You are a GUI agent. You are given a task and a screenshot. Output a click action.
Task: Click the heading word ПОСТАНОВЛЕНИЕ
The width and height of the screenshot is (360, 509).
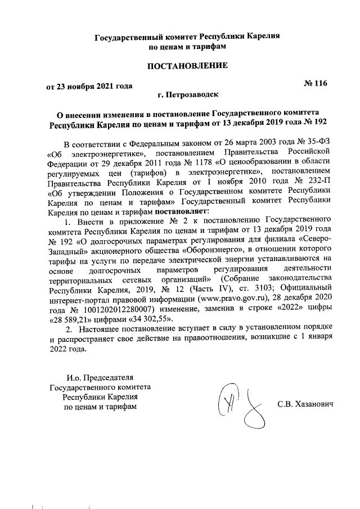(187, 66)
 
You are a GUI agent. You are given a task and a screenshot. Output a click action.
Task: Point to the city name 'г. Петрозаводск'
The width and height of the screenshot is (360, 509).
(187, 96)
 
